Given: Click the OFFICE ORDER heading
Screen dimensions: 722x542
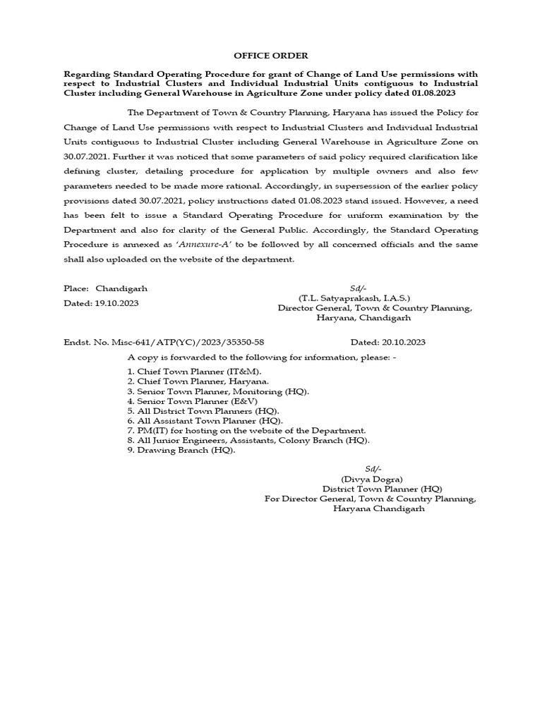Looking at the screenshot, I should click(271, 55).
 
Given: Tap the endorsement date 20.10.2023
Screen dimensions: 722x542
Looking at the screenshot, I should click(398, 342).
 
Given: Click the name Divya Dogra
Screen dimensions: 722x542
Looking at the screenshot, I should click(373, 479).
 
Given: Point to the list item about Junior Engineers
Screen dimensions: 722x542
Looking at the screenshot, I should click(248, 440).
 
